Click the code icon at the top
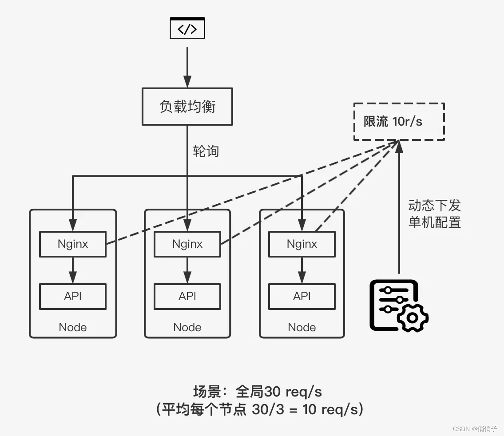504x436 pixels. (187, 28)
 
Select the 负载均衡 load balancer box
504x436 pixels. (187, 107)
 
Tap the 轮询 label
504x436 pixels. (206, 151)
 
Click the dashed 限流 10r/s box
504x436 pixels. (399, 122)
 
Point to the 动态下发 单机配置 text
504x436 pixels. (434, 214)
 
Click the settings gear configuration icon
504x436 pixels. (398, 305)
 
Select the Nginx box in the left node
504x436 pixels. (73, 244)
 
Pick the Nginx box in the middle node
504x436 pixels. (187, 244)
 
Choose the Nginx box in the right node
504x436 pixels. (302, 244)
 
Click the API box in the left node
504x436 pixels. (73, 296)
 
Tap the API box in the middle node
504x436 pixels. (187, 296)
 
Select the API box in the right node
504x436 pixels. (302, 296)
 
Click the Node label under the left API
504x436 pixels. (73, 327)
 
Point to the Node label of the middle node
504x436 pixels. (187, 327)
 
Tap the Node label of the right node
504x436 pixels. (302, 327)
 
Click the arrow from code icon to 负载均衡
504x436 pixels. (187, 67)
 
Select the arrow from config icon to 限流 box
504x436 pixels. (399, 209)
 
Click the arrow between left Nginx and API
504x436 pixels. (73, 270)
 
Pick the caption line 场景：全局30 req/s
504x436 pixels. (258, 392)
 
